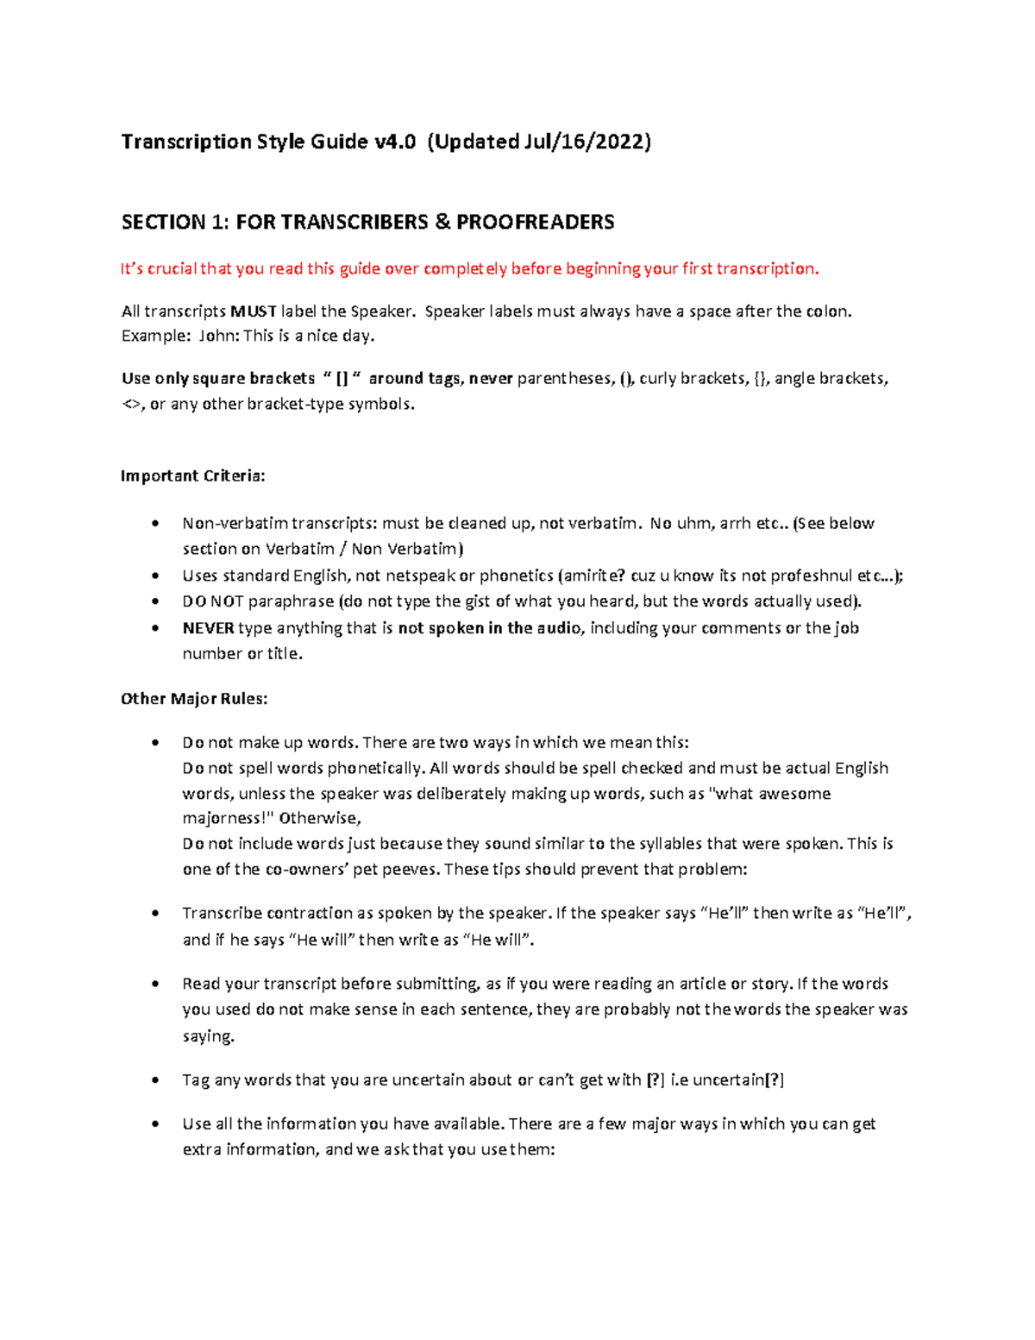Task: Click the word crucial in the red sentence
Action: pyautogui.click(x=172, y=269)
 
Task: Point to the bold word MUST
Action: pyautogui.click(x=254, y=311)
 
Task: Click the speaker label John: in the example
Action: pyautogui.click(x=219, y=337)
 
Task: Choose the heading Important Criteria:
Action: pyautogui.click(x=193, y=476)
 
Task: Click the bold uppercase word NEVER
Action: pyautogui.click(x=208, y=628)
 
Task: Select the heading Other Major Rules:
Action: pyautogui.click(x=194, y=699)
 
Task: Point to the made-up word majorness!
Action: pyautogui.click(x=227, y=818)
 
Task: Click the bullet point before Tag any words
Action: pyautogui.click(x=155, y=1080)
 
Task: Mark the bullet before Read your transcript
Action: pyautogui.click(x=155, y=985)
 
